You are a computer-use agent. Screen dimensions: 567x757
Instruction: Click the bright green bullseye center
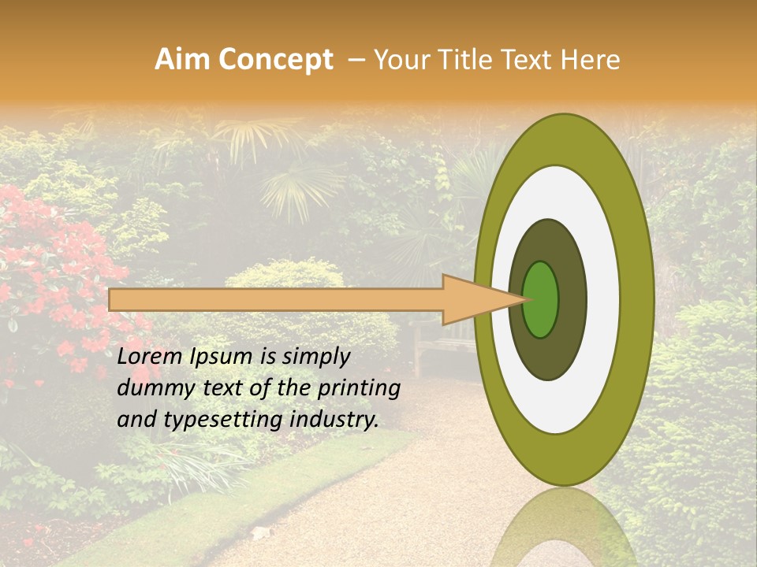pyautogui.click(x=541, y=299)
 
